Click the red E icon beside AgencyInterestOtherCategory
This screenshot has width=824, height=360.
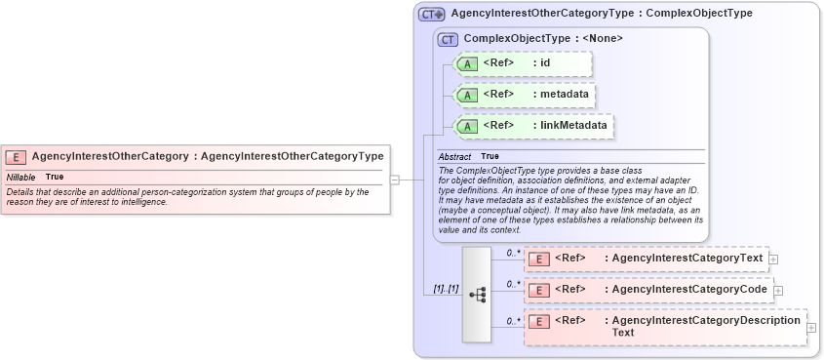(x=17, y=156)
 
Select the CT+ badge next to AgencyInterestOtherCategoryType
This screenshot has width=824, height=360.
(x=432, y=15)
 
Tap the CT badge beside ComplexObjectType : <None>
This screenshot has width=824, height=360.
(x=449, y=39)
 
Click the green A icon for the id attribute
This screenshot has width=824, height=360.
(x=468, y=64)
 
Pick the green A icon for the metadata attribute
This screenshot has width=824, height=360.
(x=468, y=96)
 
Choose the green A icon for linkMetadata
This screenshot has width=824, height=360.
(x=468, y=126)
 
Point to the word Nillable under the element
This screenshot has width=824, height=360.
(x=21, y=178)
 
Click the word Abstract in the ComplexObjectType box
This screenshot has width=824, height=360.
(x=454, y=156)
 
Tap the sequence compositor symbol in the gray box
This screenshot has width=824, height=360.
(x=478, y=295)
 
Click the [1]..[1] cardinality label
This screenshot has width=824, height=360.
(x=446, y=290)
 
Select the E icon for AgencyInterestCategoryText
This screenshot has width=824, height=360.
(x=539, y=259)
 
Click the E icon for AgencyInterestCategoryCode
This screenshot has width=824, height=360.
(x=539, y=290)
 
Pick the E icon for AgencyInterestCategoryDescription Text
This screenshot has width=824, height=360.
(x=539, y=321)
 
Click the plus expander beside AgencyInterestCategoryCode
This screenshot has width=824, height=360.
(x=779, y=290)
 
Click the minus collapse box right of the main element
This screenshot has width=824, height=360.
(x=395, y=180)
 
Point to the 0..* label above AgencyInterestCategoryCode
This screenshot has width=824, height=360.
(x=512, y=284)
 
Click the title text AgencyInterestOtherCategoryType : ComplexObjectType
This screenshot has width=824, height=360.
(x=602, y=14)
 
